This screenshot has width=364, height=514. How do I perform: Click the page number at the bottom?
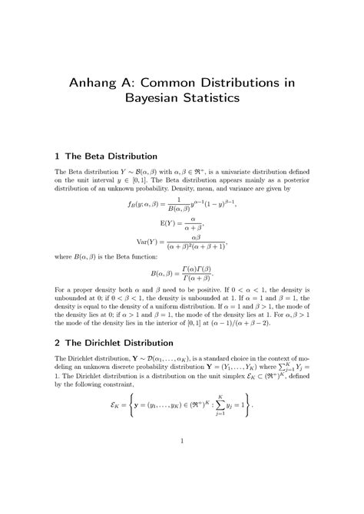pyautogui.click(x=182, y=462)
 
